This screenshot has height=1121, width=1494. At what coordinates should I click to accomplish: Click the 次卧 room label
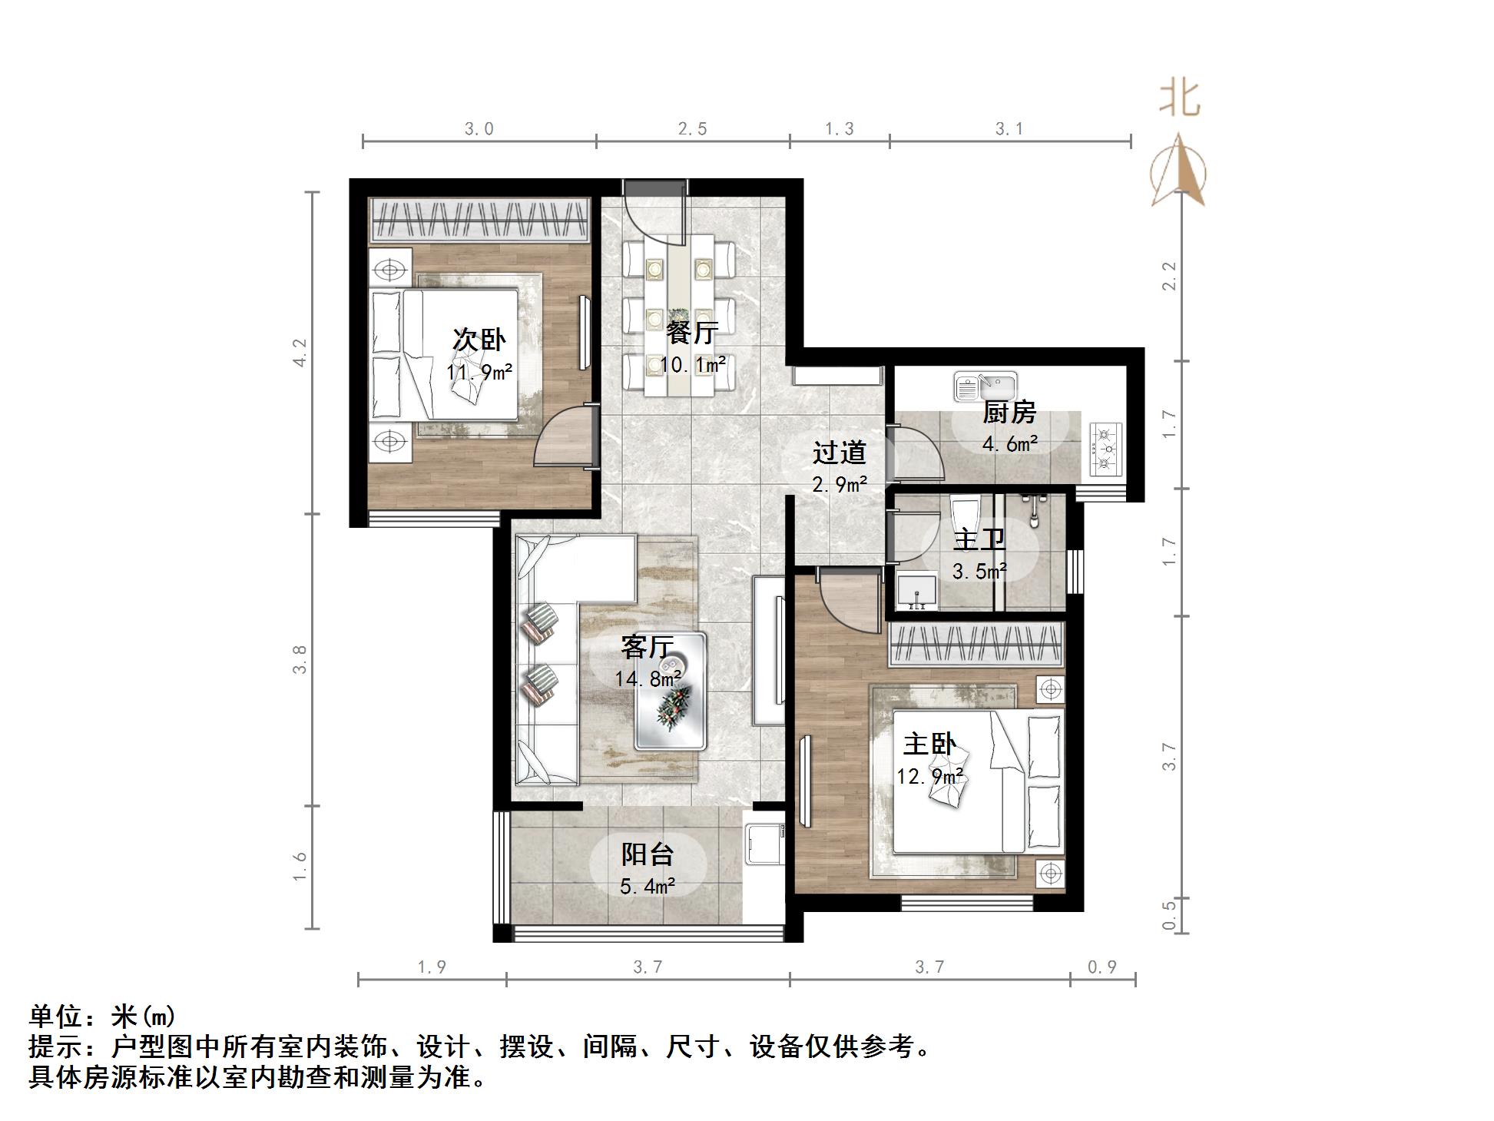pos(479,339)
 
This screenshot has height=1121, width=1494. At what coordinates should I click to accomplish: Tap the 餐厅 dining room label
pos(691,333)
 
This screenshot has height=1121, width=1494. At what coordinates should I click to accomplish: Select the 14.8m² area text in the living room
pos(648,679)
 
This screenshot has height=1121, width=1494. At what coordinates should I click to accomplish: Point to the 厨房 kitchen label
pos(1009,413)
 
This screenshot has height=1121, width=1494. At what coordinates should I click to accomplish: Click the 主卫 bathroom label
pos(979,540)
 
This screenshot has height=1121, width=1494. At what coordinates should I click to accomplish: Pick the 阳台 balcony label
pos(648,854)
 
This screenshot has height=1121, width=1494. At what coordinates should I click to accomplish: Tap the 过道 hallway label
pos(839,453)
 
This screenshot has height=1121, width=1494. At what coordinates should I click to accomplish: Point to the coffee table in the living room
pos(671,691)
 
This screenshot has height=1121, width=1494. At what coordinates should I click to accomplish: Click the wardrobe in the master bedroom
pos(976,644)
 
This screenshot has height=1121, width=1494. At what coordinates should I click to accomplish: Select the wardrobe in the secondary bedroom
pos(479,219)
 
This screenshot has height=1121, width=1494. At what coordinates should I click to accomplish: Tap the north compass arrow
pos(1178,170)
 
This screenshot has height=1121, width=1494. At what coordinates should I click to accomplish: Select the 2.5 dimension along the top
pos(692,128)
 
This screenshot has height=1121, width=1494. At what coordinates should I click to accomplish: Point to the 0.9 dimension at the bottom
pos(1101,967)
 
